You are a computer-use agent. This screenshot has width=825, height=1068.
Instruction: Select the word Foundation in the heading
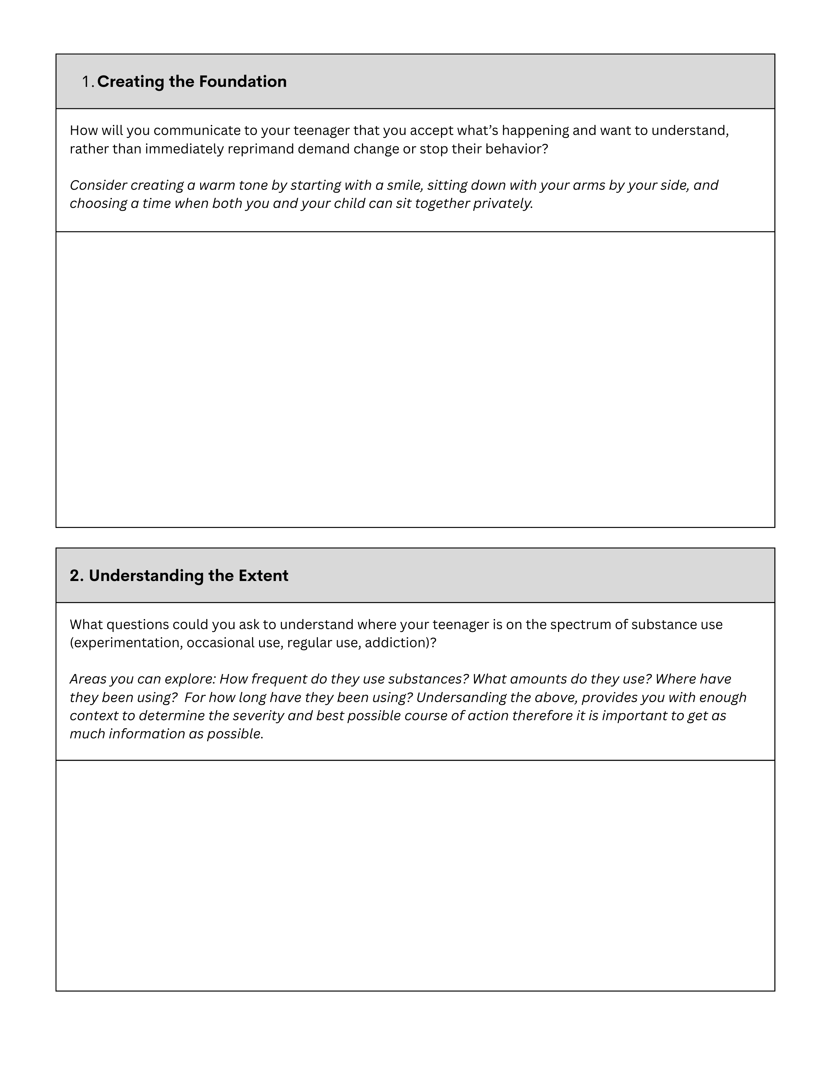tap(242, 82)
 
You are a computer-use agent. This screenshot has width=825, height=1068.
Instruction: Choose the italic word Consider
tap(98, 185)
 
